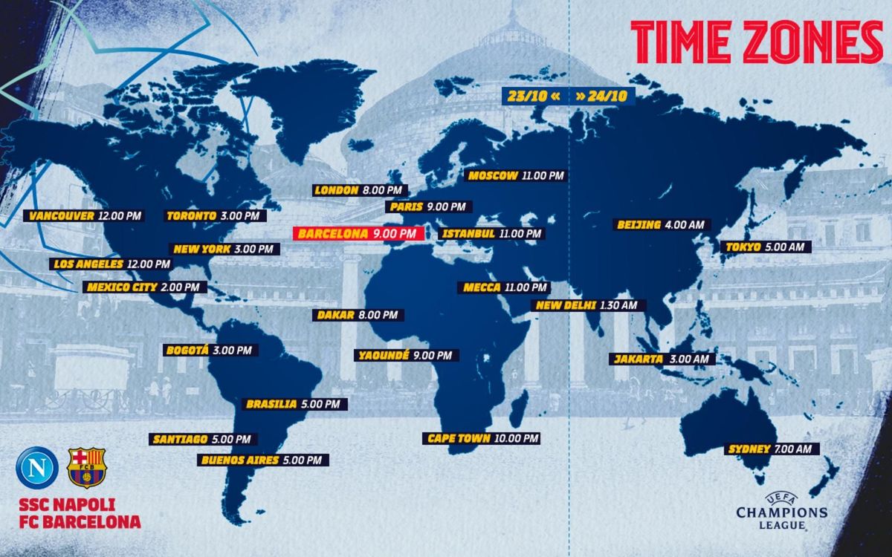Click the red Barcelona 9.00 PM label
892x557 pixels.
coord(358,234)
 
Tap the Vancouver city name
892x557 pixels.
coord(62,216)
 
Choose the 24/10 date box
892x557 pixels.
coord(602,96)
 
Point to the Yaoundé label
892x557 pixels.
coord(383,355)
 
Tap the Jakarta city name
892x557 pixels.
coord(638,359)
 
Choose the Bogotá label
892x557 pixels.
coord(187,350)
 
